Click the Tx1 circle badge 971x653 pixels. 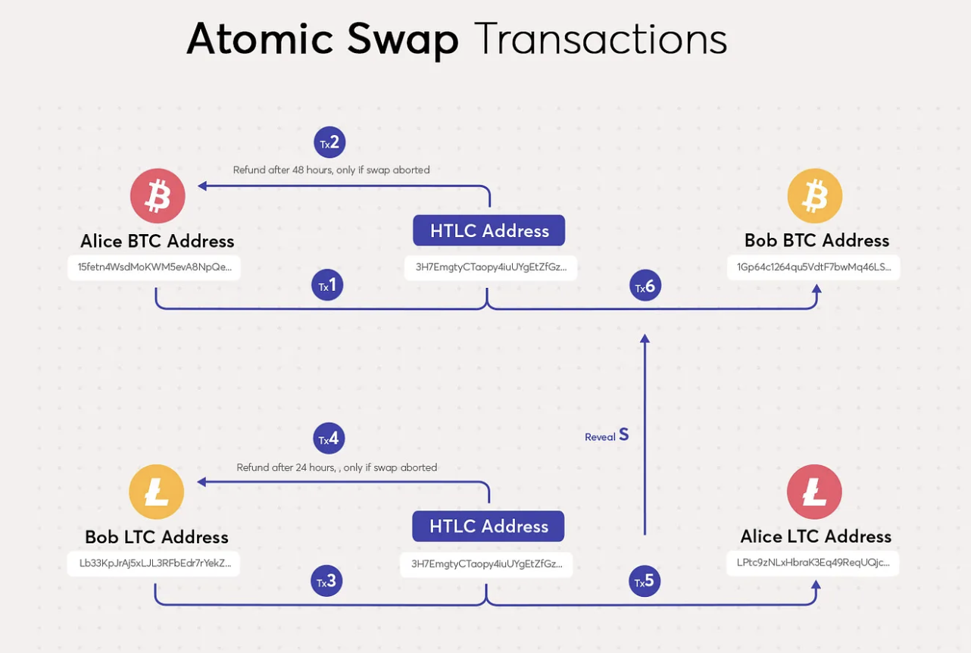pyautogui.click(x=327, y=286)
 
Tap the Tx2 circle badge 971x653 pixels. pyautogui.click(x=329, y=142)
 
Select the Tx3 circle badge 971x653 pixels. pyautogui.click(x=326, y=581)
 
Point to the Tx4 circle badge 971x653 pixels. pyautogui.click(x=329, y=439)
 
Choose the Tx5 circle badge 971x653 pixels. pyautogui.click(x=645, y=581)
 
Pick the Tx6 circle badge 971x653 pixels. pyautogui.click(x=645, y=286)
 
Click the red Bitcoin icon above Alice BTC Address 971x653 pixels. pyautogui.click(x=158, y=196)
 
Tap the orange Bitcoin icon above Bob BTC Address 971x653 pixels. pyautogui.click(x=815, y=196)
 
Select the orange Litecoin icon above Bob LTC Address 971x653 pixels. pyautogui.click(x=157, y=492)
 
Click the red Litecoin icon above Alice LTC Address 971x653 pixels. pyautogui.click(x=814, y=492)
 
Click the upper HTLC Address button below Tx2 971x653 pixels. pyautogui.click(x=489, y=230)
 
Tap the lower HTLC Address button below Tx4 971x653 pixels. pyautogui.click(x=488, y=526)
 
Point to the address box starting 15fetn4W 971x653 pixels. pyautogui.click(x=154, y=267)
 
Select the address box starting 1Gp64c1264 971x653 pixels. pyautogui.click(x=813, y=267)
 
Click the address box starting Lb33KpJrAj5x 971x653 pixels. pyautogui.click(x=154, y=564)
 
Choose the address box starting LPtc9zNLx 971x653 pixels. pyautogui.click(x=813, y=564)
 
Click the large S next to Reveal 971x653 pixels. pyautogui.click(x=624, y=434)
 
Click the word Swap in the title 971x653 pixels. pyautogui.click(x=403, y=40)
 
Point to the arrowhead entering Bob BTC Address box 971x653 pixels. pyautogui.click(x=816, y=289)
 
